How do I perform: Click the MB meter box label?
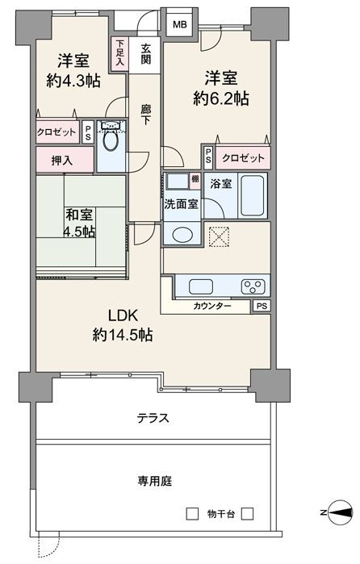click(180, 25)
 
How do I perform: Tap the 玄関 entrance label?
click(146, 54)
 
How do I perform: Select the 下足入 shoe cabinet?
click(120, 52)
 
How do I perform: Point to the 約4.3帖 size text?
click(73, 81)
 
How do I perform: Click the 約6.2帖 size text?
click(220, 98)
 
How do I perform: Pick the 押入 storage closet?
click(65, 159)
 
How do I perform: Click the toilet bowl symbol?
click(110, 140)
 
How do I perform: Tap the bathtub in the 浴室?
click(253, 195)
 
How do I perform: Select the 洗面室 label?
click(181, 204)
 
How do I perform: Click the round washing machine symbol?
click(182, 235)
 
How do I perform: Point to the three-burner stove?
click(253, 286)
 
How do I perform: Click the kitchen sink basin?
click(201, 286)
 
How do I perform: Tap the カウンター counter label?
click(212, 306)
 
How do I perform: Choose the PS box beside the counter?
click(262, 306)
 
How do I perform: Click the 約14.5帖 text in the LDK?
click(123, 335)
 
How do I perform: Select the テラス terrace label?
click(153, 418)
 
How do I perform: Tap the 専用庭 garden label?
click(155, 481)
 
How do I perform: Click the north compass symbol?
click(340, 512)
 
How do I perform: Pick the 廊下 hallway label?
click(146, 115)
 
